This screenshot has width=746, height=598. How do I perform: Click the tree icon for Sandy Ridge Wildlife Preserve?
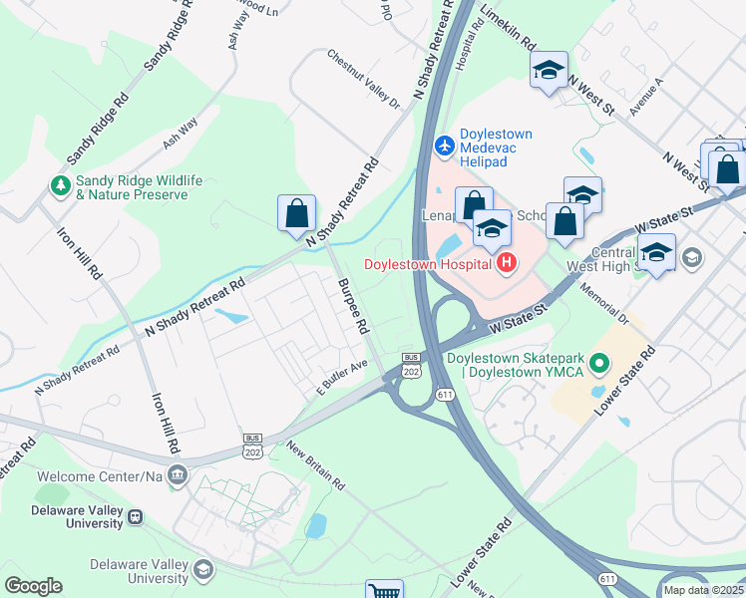pos(62,185)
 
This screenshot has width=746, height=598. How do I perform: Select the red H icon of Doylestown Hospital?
pos(507,263)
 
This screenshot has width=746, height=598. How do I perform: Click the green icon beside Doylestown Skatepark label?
pos(598,365)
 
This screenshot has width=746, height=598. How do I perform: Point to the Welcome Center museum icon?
pos(178,474)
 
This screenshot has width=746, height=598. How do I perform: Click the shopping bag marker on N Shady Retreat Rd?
pos(296,212)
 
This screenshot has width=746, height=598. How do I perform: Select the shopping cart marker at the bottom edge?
pos(383,591)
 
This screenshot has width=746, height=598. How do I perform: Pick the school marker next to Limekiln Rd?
pos(548,71)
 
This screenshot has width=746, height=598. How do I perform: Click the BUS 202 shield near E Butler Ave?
pos(410,365)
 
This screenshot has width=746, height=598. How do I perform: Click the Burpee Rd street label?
pos(353,306)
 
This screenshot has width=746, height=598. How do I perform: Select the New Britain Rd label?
pos(315,466)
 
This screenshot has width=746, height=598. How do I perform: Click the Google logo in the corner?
pos(33,586)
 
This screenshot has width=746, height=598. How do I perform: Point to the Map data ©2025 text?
pos(702,590)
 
